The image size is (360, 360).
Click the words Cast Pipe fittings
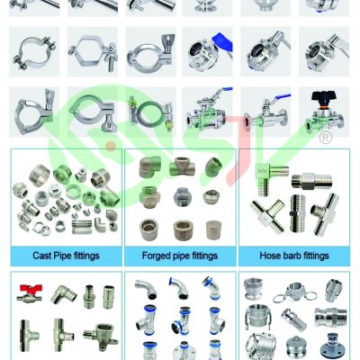point(66,256)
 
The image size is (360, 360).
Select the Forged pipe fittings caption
point(180,256)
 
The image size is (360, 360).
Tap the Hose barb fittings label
point(294,256)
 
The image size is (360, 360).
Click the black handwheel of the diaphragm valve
point(324,98)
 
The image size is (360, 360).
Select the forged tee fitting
point(183,166)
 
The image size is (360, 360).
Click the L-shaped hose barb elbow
point(269,177)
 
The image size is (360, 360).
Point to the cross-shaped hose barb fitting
point(267,215)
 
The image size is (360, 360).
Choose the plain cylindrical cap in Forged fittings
point(214,230)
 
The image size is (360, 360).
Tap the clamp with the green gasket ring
point(149,113)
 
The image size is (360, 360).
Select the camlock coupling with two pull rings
point(295,292)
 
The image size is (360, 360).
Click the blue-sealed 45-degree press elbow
point(211,288)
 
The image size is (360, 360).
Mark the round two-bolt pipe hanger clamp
point(33,52)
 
